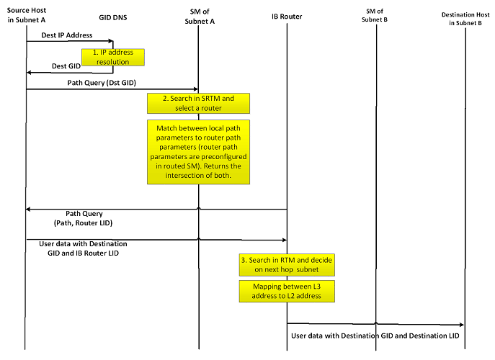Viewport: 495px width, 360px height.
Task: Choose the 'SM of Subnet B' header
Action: click(x=375, y=15)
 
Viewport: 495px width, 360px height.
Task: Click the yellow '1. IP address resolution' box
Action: click(x=113, y=58)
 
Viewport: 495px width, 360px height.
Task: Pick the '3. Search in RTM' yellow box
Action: click(x=287, y=264)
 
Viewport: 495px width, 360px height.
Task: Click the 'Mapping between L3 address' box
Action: click(x=287, y=290)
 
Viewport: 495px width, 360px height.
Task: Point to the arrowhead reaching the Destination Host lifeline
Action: click(x=461, y=325)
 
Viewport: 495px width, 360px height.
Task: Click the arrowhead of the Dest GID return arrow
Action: click(x=30, y=73)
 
